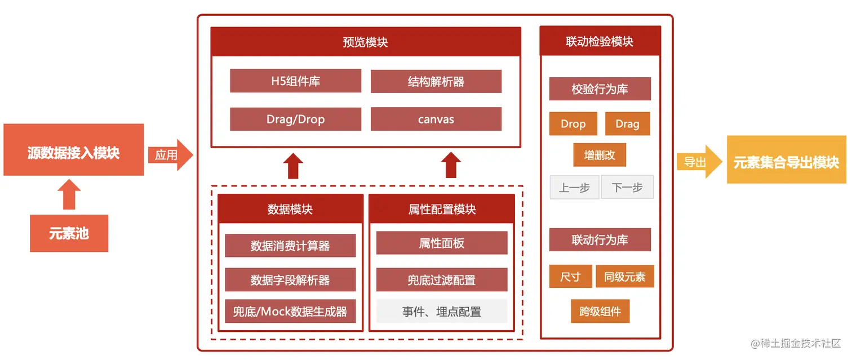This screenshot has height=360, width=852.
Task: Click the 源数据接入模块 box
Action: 73,153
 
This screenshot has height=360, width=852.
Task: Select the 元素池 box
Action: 69,233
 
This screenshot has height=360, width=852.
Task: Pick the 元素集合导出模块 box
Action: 786,163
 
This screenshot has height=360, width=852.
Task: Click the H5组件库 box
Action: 295,81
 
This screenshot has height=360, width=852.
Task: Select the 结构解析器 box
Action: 436,81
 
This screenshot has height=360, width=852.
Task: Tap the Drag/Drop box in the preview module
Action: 295,119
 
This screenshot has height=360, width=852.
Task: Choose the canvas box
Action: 436,119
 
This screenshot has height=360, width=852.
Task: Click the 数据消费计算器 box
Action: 290,246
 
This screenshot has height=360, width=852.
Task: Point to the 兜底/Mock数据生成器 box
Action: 290,311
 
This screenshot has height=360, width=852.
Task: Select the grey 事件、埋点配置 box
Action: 441,311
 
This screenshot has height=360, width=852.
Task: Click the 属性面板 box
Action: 441,243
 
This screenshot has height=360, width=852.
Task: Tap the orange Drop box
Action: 573,124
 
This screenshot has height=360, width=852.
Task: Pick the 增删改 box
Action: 599,155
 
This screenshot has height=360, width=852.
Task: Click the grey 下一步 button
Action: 627,188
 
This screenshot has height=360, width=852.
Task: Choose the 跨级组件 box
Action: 599,311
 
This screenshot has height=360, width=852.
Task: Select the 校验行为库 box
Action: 600,89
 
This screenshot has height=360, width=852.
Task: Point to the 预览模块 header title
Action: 365,42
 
